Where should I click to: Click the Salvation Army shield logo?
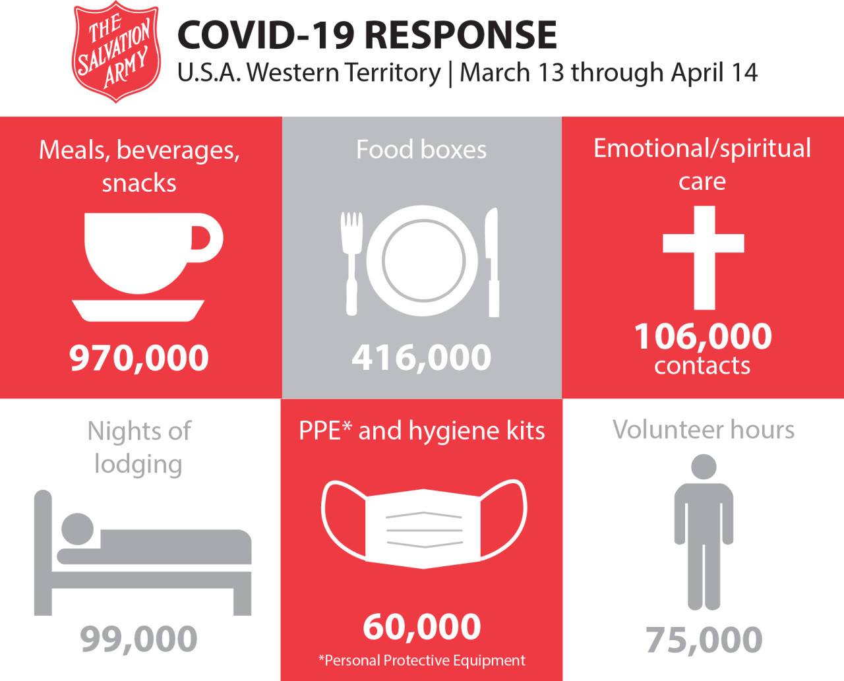116,52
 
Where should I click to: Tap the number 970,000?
139,358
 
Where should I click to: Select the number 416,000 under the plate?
421,358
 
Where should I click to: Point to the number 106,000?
703,336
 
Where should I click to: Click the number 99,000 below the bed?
139,639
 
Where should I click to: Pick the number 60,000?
421,627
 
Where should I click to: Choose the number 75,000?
704,639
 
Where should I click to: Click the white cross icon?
704,256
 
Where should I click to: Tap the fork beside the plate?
351,261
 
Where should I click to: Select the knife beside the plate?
492,261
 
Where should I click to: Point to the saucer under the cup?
138,309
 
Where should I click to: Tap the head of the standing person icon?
704,467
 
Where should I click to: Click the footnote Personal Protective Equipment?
422,661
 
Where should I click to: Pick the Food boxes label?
421,150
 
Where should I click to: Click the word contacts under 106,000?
702,365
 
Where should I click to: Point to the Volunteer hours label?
704,430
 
